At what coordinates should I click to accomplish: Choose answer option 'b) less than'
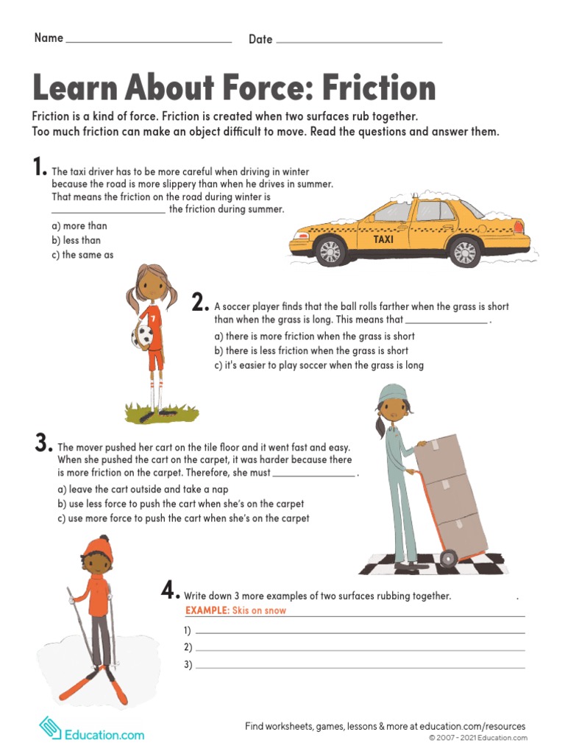[77, 240]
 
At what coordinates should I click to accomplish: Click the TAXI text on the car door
[383, 239]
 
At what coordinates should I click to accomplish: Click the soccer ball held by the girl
[142, 337]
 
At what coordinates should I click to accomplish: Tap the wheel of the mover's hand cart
[448, 558]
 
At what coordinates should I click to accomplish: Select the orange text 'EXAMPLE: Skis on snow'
[235, 610]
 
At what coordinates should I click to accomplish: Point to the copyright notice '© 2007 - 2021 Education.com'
[478, 738]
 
